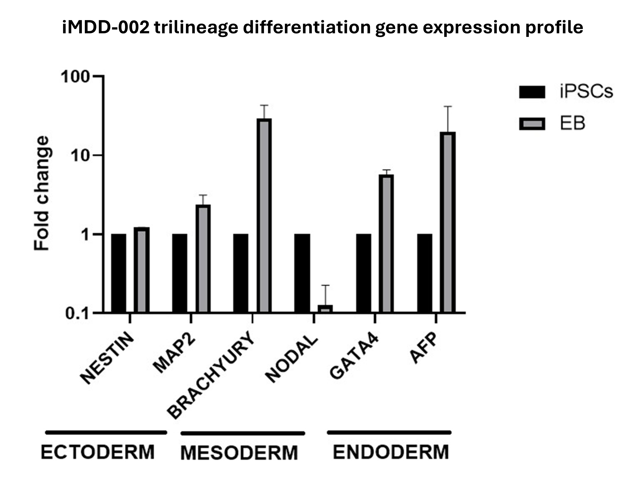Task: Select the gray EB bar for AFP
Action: [448, 222]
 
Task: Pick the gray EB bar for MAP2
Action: [203, 258]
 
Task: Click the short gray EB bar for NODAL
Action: [325, 309]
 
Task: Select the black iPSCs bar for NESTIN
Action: [119, 273]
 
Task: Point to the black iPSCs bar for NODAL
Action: [302, 273]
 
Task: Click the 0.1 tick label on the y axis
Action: [76, 314]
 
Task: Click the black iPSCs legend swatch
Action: [532, 92]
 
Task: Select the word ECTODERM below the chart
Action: [98, 452]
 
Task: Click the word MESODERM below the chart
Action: [239, 453]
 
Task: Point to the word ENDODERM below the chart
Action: [391, 452]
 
